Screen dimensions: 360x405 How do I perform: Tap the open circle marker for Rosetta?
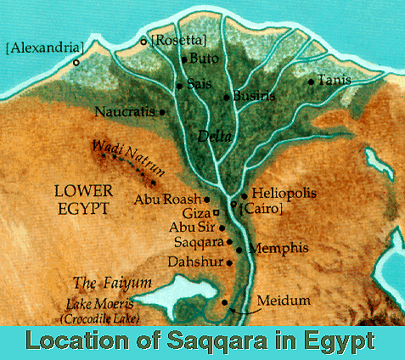(x=143, y=40)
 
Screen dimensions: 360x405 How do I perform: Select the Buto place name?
(x=202, y=60)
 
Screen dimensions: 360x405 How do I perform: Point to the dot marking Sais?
(x=179, y=86)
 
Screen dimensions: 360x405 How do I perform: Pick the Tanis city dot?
(x=312, y=82)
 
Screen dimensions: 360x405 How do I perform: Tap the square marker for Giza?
(x=217, y=212)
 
